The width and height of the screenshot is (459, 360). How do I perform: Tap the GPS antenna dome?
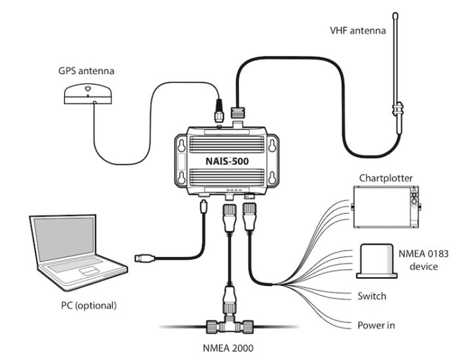(x=88, y=94)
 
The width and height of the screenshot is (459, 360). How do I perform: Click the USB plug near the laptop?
(x=145, y=258)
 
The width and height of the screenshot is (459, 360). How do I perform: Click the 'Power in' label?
(x=375, y=325)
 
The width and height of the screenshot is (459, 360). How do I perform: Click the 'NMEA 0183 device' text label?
(x=428, y=260)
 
